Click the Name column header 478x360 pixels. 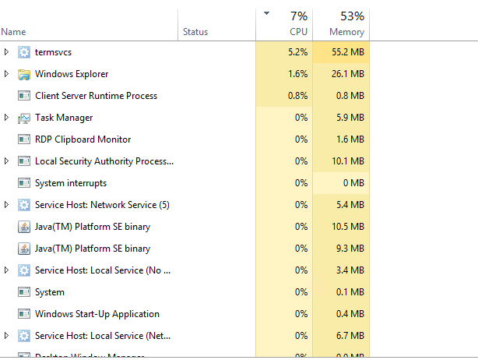click(14, 32)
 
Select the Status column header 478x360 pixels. click(195, 32)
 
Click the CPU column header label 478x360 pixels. click(298, 32)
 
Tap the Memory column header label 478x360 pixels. click(346, 32)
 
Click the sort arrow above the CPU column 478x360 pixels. click(267, 13)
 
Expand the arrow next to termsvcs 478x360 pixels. click(7, 52)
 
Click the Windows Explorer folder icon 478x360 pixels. click(23, 74)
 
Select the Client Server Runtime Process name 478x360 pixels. click(96, 96)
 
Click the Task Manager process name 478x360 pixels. click(64, 118)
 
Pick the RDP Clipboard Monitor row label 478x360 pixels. click(83, 139)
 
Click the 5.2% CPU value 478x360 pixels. click(297, 52)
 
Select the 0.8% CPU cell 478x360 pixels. click(297, 96)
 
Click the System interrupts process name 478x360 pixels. click(71, 183)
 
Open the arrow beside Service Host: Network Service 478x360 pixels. click(7, 205)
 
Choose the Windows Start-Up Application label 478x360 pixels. click(97, 314)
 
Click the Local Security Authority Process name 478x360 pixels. click(104, 161)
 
